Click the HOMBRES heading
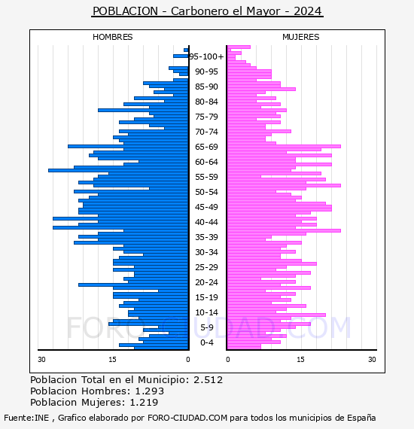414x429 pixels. [112, 37]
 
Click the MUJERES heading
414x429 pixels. [301, 37]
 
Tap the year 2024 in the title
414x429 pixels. [307, 11]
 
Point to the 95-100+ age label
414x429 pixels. [206, 56]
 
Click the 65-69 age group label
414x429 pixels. [206, 147]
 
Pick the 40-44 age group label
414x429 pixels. [206, 222]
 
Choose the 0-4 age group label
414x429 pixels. [206, 342]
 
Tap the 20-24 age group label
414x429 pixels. [206, 282]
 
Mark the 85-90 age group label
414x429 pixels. [206, 87]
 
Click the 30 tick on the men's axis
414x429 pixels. [41, 360]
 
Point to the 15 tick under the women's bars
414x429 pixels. [300, 360]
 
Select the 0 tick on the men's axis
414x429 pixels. [187, 360]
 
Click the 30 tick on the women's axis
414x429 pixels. [372, 360]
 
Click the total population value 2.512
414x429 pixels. [209, 380]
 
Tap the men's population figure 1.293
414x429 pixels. [149, 391]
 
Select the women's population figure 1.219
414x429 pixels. [144, 402]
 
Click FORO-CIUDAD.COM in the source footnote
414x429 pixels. [187, 418]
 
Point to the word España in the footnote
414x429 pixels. [361, 418]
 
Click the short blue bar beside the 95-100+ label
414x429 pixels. [181, 56]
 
